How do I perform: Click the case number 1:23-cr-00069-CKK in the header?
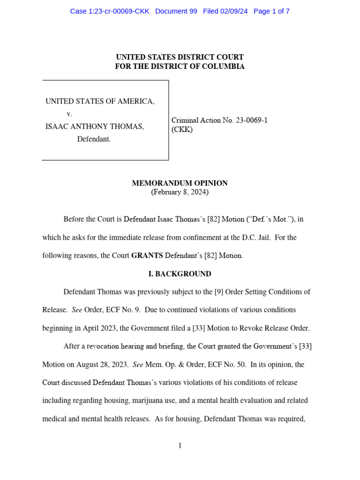[x=109, y=11]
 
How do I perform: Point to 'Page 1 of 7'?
[x=271, y=11]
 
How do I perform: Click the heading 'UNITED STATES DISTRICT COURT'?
[x=180, y=57]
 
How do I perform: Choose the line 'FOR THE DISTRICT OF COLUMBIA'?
[x=180, y=67]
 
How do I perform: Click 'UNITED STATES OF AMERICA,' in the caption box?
[x=100, y=101]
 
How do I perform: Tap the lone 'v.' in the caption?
[x=69, y=114]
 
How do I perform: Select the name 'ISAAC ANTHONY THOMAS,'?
[x=95, y=127]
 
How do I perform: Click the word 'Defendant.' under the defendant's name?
[x=94, y=139]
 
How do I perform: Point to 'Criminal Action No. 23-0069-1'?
[x=219, y=120]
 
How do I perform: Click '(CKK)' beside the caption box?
[x=182, y=130]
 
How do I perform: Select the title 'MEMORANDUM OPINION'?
[x=180, y=183]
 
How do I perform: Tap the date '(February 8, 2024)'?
[x=180, y=192]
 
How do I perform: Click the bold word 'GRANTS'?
[x=147, y=255]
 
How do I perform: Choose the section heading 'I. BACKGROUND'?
[x=180, y=274]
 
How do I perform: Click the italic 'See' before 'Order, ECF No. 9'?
[x=76, y=310]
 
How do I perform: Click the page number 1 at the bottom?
[x=180, y=446]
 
